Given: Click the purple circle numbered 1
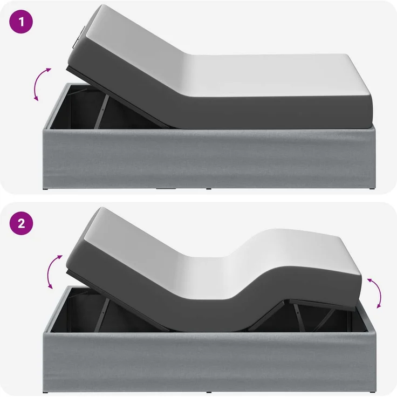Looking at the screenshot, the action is tap(21, 22).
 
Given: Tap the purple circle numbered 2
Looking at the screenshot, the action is tap(21, 223).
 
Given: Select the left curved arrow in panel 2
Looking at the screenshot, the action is tap(51, 271).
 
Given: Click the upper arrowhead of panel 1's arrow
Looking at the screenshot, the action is tap(48, 70).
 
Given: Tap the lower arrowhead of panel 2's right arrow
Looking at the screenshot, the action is tap(379, 305).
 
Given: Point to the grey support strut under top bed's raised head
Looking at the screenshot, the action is tap(101, 112).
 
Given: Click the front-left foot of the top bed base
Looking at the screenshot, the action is tap(46, 189).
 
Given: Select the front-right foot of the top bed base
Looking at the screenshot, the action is tap(372, 189).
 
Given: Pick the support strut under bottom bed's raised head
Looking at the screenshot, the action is tap(102, 314).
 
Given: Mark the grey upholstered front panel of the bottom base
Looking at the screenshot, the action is tap(209, 361).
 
